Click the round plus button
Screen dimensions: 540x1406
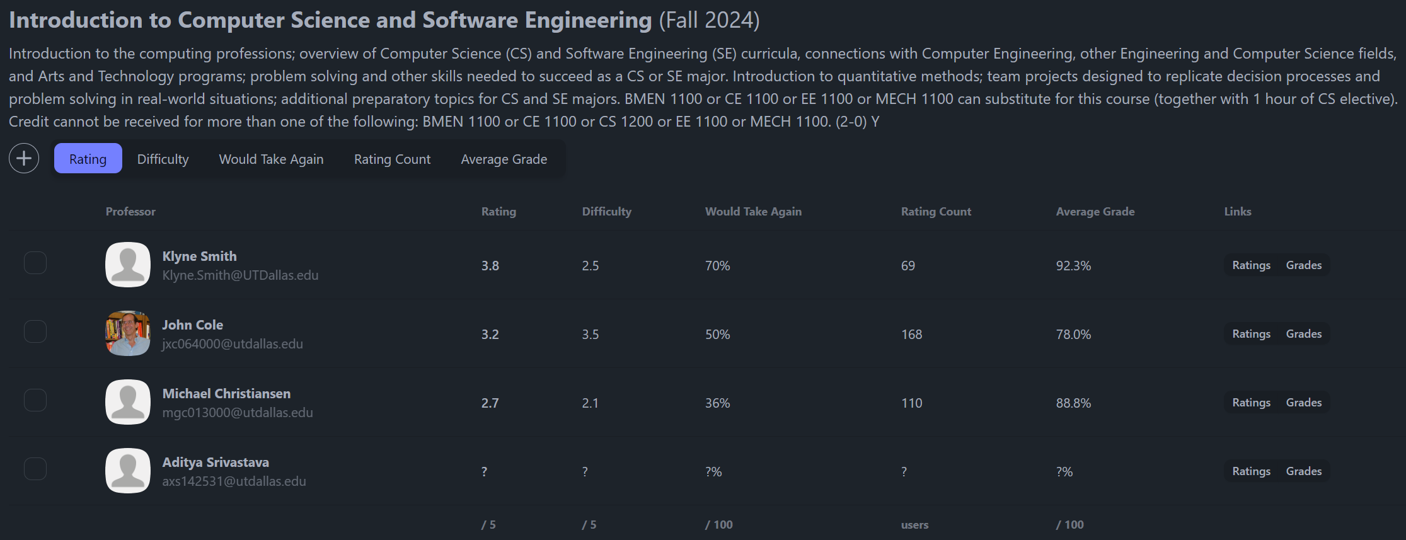pos(24,158)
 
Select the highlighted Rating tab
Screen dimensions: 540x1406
pos(88,159)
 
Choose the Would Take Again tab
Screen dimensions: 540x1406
pos(271,159)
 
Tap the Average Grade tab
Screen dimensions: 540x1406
pos(504,159)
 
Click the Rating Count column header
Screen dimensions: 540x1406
pos(936,212)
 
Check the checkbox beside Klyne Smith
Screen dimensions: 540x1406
pos(35,263)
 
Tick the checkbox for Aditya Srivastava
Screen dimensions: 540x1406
pos(35,469)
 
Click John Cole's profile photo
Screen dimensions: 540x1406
pos(128,333)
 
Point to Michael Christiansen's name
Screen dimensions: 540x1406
pos(226,393)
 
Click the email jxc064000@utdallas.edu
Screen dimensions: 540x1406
pos(233,344)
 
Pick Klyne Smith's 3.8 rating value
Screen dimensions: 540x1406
pos(490,266)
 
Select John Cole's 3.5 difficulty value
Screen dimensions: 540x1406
pos(590,335)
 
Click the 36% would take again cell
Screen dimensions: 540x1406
pos(717,403)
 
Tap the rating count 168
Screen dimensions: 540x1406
pos(911,335)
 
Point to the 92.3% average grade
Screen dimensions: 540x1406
pos(1073,266)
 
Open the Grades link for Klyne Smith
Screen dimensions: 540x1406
pos(1303,265)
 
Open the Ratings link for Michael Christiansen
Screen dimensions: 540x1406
pos(1251,403)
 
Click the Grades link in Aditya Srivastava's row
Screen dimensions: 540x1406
pos(1303,471)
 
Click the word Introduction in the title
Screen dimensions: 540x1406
pos(76,20)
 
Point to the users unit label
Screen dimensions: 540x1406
pos(914,525)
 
